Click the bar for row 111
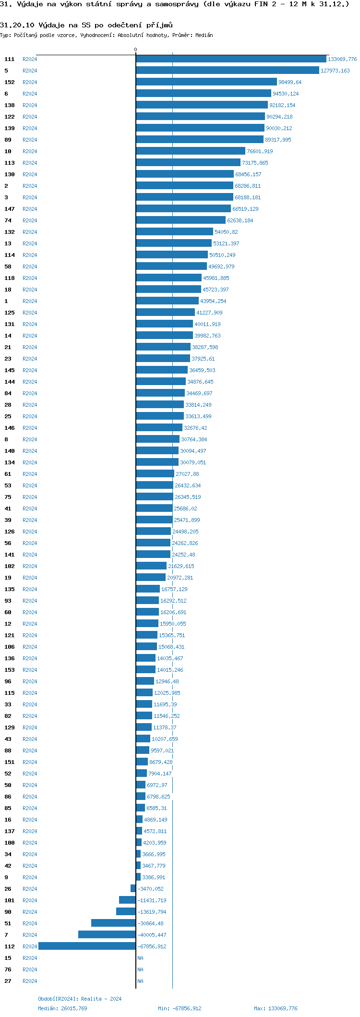pyautogui.click(x=231, y=59)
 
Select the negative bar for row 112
pyautogui.click(x=87, y=946)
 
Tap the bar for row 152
pyautogui.click(x=206, y=82)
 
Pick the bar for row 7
pyautogui.click(x=107, y=934)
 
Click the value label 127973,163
pyautogui.click(x=335, y=71)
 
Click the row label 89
pyautogui.click(x=8, y=140)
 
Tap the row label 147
pyautogui.click(x=10, y=209)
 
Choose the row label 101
pyautogui.click(x=10, y=900)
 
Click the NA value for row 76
pyautogui.click(x=140, y=969)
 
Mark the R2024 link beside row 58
pyautogui.click(x=30, y=266)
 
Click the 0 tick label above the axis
pyautogui.click(x=135, y=49)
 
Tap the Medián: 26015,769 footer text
pyautogui.click(x=62, y=1008)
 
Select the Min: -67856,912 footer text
pyautogui.click(x=180, y=1008)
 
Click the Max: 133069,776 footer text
pyautogui.click(x=276, y=1008)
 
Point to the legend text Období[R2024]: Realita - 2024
pyautogui.click(x=80, y=998)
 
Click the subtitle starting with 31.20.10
pyautogui.click(x=86, y=25)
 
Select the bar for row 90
pyautogui.click(x=126, y=911)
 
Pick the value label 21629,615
pyautogui.click(x=181, y=566)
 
